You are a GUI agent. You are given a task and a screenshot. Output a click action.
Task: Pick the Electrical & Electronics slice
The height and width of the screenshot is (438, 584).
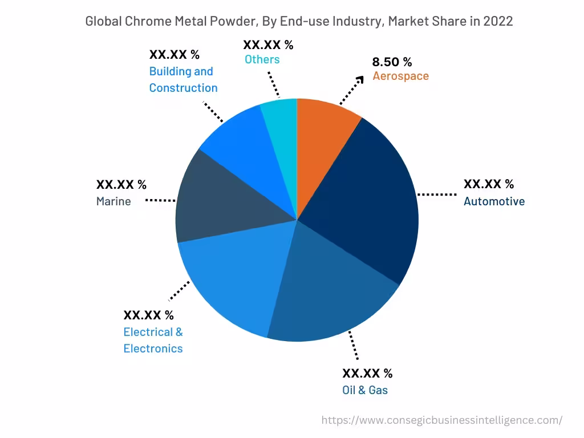(x=228, y=279)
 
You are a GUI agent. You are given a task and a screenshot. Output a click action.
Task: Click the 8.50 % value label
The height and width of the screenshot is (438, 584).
(x=392, y=62)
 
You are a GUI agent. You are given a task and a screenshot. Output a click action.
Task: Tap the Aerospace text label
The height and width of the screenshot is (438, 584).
(x=400, y=76)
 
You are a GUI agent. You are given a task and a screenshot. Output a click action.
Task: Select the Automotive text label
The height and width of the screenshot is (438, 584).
(x=494, y=201)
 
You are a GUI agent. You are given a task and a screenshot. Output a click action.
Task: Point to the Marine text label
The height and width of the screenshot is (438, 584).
(x=113, y=201)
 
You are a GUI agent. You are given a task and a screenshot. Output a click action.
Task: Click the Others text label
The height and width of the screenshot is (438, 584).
(x=262, y=59)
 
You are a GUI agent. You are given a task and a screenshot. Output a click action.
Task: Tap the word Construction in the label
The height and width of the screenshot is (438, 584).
(x=183, y=88)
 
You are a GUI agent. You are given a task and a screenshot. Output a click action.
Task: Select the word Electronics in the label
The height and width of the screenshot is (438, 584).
(x=153, y=348)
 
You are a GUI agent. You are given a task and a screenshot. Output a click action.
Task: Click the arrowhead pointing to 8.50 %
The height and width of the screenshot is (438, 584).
(x=360, y=79)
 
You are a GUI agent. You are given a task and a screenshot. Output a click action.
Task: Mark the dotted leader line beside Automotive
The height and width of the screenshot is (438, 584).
(x=437, y=194)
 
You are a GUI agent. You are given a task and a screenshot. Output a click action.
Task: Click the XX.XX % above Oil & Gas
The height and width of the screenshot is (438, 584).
(x=367, y=374)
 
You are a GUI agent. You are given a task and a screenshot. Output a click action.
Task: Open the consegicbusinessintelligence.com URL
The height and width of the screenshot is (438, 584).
(x=441, y=420)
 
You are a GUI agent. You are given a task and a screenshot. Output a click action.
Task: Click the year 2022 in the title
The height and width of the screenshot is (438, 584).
(x=498, y=21)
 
